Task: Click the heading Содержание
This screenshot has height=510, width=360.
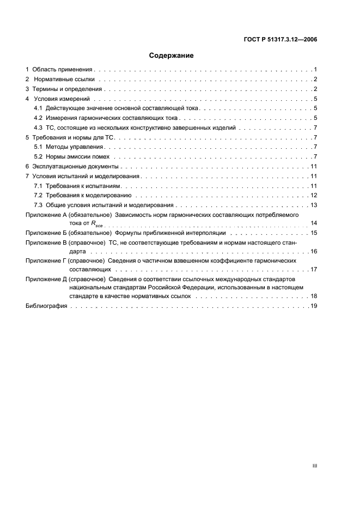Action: (x=172, y=55)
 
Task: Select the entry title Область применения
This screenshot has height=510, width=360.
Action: (x=63, y=70)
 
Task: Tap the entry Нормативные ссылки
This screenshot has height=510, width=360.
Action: (x=64, y=79)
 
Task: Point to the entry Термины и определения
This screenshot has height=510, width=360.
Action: (x=66, y=89)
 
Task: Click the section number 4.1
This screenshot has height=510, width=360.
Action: (x=38, y=108)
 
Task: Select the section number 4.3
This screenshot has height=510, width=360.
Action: (x=38, y=127)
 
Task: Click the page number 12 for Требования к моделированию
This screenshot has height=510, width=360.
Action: (x=314, y=195)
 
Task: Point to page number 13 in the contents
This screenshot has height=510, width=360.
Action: (x=314, y=205)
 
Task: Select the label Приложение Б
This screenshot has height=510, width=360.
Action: (x=46, y=233)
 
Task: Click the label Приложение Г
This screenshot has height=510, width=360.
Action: (x=46, y=261)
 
